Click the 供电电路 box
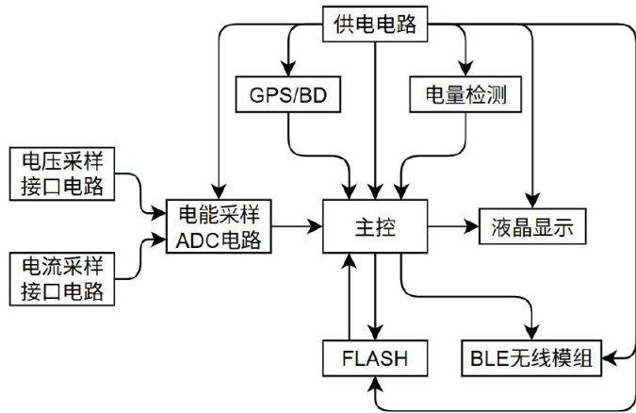click(375, 24)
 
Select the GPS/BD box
click(288, 94)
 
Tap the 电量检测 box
click(465, 94)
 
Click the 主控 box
click(375, 226)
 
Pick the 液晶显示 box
click(532, 226)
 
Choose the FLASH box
click(375, 358)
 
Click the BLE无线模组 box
click(531, 358)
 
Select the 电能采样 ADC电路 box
click(219, 226)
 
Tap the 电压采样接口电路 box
click(62, 173)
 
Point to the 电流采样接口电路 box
click(62, 279)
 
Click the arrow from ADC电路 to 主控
click(297, 226)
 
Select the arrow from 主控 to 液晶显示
click(453, 226)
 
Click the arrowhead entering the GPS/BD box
click(288, 69)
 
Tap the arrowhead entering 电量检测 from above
click(465, 69)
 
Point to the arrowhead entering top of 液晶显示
click(532, 201)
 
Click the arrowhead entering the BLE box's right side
click(609, 358)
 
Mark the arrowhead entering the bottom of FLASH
click(375, 384)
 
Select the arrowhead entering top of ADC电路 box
click(219, 191)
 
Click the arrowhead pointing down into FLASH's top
click(375, 333)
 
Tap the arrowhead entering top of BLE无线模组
click(531, 333)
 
